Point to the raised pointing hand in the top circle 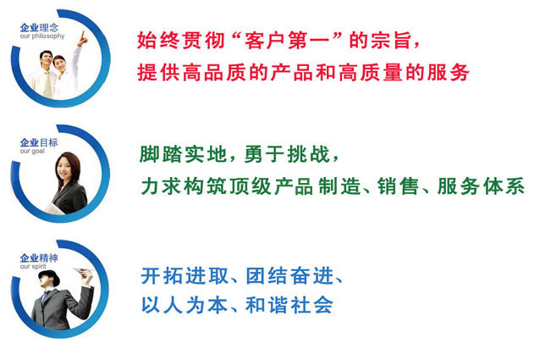tap(84, 36)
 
